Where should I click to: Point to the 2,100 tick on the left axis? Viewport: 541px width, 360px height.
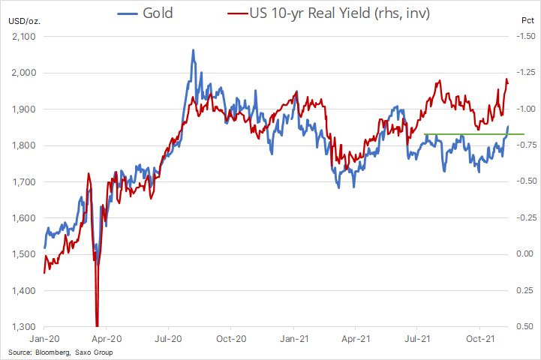pos(24,37)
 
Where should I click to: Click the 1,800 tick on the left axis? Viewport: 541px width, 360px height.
pos(24,145)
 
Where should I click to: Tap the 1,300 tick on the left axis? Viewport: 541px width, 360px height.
pos(24,327)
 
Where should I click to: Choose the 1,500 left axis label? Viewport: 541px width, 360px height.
pos(24,254)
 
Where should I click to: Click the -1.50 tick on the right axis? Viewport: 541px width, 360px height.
pos(527,37)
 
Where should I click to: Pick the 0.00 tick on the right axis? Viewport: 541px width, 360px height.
pos(527,254)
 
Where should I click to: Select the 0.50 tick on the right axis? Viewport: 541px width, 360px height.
pos(527,327)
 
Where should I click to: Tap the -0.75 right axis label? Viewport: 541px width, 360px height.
pos(527,145)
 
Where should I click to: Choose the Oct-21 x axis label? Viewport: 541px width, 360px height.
pos(480,340)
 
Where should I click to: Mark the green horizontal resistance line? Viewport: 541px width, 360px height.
pos(473,134)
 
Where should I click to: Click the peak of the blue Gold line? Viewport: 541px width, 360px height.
pos(193,51)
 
